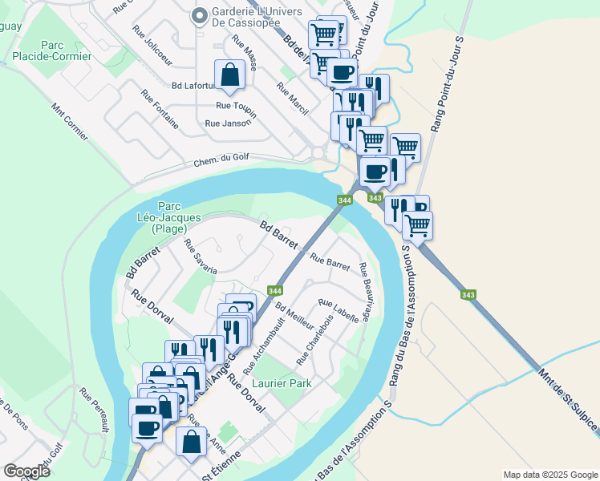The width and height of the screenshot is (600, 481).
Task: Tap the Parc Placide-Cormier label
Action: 52,51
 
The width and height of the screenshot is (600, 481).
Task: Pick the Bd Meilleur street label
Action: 294,319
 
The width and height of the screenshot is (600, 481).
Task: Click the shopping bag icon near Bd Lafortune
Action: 229,75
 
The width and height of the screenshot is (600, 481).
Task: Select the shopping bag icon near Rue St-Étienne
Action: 192,442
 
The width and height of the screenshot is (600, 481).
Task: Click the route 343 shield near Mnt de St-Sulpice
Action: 469,295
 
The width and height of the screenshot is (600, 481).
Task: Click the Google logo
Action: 26,471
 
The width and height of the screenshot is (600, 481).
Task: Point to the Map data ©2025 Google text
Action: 549,475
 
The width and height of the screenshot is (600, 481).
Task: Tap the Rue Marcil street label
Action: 293,99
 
